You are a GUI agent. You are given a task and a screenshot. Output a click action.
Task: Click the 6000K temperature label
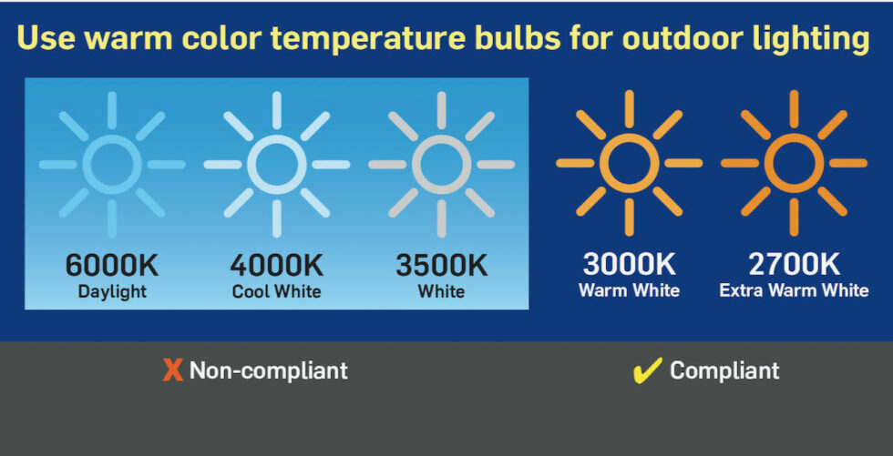tap(111, 266)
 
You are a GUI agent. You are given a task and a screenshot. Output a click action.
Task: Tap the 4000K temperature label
tap(276, 266)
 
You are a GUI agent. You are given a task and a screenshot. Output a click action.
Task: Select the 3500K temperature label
tap(441, 266)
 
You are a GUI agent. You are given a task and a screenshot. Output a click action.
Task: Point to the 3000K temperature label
tap(629, 265)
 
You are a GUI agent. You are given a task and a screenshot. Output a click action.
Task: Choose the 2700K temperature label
tap(794, 265)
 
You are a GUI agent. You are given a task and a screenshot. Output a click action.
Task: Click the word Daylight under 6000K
tap(111, 291)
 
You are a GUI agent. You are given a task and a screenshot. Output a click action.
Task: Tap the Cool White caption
tap(276, 291)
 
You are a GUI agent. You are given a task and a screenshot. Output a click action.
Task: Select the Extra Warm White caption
tap(794, 290)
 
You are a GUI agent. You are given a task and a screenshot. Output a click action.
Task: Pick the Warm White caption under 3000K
tap(629, 290)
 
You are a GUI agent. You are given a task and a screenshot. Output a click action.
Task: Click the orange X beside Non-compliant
tap(172, 370)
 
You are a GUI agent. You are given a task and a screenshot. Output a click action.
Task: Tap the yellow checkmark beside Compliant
tap(647, 370)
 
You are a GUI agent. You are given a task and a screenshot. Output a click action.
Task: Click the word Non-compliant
tap(268, 370)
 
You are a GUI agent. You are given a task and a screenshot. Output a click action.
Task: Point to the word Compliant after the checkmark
tap(724, 370)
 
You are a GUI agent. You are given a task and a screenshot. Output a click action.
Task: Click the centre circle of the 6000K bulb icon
tap(111, 165)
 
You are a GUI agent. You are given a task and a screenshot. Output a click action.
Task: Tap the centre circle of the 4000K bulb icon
tap(276, 165)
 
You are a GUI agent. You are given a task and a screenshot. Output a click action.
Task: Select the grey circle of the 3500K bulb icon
tap(441, 165)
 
